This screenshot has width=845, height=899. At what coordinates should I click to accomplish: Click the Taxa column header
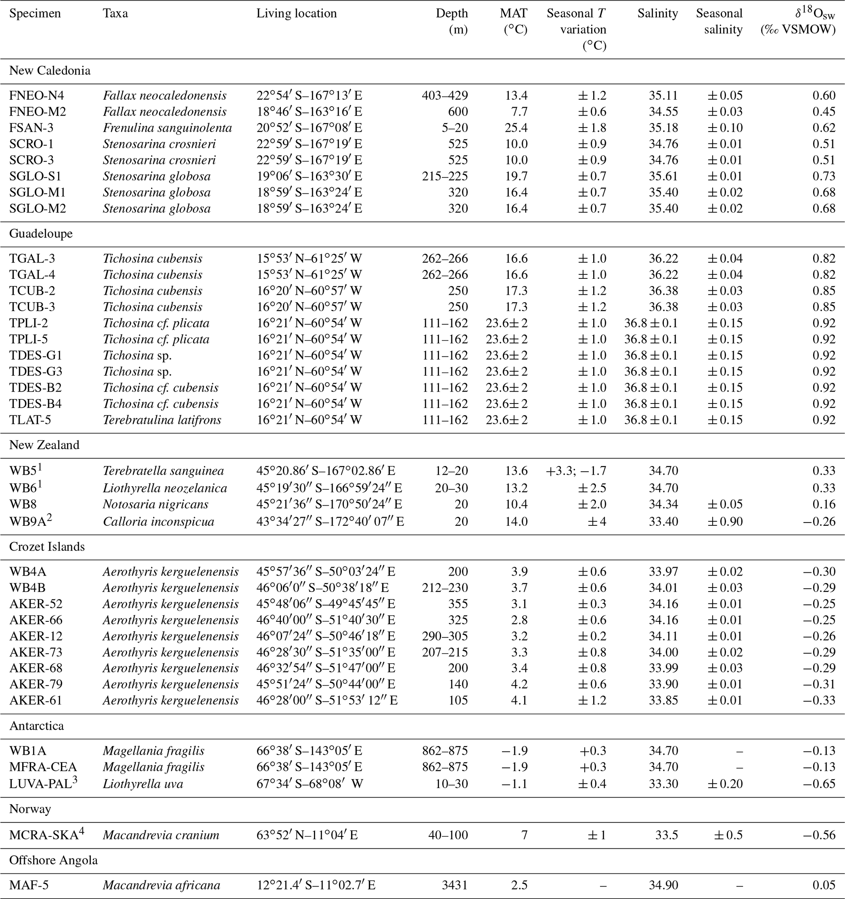115,13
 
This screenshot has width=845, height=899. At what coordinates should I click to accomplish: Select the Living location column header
296,13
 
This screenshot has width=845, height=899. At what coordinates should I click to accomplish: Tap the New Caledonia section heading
50,71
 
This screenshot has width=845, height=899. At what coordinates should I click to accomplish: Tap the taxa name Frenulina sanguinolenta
167,128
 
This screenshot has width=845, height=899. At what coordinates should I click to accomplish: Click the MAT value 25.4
516,128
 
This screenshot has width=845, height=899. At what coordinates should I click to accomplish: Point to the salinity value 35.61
663,176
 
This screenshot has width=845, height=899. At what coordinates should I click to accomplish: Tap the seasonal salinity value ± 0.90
725,521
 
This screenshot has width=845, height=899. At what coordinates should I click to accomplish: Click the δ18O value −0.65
819,784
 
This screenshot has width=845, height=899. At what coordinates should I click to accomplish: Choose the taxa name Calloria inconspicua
158,521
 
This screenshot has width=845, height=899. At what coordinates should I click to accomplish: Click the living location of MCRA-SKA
307,835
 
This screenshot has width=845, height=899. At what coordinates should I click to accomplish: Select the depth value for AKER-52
458,604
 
